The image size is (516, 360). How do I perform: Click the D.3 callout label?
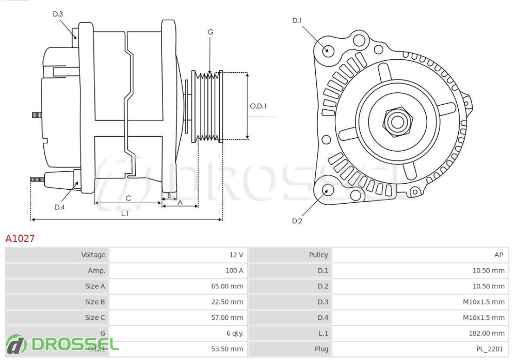[x=58, y=14]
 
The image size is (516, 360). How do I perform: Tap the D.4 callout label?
[x=59, y=207]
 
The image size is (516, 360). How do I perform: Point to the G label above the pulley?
[x=211, y=32]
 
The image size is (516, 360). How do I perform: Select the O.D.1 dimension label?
[x=259, y=106]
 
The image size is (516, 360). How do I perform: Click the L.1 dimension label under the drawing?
[x=125, y=214]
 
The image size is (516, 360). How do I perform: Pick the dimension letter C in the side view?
[x=128, y=198]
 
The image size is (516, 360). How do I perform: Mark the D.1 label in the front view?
[x=297, y=21]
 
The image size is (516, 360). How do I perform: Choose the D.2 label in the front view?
[x=297, y=221]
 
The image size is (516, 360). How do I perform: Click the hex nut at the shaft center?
[x=397, y=122]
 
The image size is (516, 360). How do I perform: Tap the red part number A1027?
[x=20, y=238]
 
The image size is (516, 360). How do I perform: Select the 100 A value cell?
[x=234, y=270]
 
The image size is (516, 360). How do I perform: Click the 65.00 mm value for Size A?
[x=228, y=286]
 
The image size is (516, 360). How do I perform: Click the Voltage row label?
[x=93, y=255]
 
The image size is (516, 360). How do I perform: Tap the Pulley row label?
[x=318, y=255]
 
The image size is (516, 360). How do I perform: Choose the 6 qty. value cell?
[x=235, y=333]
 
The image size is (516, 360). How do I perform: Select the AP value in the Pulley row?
[x=498, y=255]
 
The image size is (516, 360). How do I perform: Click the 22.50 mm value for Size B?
[x=228, y=302]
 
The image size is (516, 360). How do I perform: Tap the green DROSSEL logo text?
[x=75, y=345]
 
